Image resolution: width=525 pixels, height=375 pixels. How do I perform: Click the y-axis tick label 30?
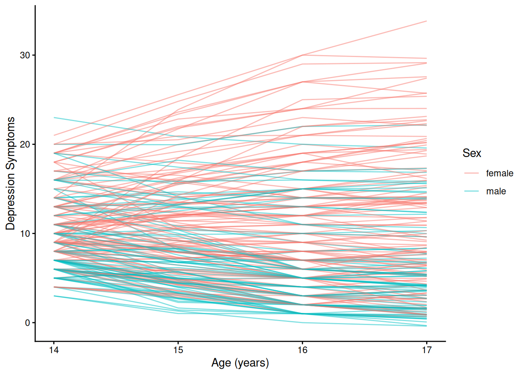(x=25, y=55)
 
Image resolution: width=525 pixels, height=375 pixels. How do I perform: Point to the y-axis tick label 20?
(x=25, y=145)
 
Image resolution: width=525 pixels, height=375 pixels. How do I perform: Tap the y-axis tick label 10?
(x=25, y=234)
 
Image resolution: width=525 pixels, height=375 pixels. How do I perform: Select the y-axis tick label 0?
(x=27, y=323)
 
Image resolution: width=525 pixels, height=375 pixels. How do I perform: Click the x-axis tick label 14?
(x=54, y=350)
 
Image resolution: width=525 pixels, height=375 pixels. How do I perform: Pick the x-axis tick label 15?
(x=178, y=350)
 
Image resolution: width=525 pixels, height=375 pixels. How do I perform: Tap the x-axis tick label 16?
(x=302, y=350)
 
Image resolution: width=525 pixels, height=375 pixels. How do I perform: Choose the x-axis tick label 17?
(x=427, y=350)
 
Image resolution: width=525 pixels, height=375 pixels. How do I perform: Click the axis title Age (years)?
(x=240, y=363)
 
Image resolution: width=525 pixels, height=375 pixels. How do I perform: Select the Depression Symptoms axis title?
(x=11, y=173)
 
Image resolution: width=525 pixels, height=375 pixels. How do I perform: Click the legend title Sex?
(x=471, y=153)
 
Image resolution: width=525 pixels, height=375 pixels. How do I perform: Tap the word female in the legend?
(x=499, y=173)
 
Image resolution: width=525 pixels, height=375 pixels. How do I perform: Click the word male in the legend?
(x=496, y=191)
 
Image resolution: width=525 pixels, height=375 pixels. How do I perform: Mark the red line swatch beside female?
(x=471, y=173)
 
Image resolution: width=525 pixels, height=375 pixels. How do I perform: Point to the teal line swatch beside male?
(x=471, y=191)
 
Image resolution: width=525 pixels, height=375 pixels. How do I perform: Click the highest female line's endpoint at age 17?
(x=426, y=21)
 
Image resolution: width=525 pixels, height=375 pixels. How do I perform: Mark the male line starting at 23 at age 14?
(x=54, y=118)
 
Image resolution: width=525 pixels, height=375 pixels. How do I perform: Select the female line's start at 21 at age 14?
(x=54, y=135)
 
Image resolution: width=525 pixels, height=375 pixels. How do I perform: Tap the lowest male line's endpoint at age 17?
(x=426, y=326)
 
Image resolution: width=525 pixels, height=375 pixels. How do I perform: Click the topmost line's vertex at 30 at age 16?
(x=302, y=55)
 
